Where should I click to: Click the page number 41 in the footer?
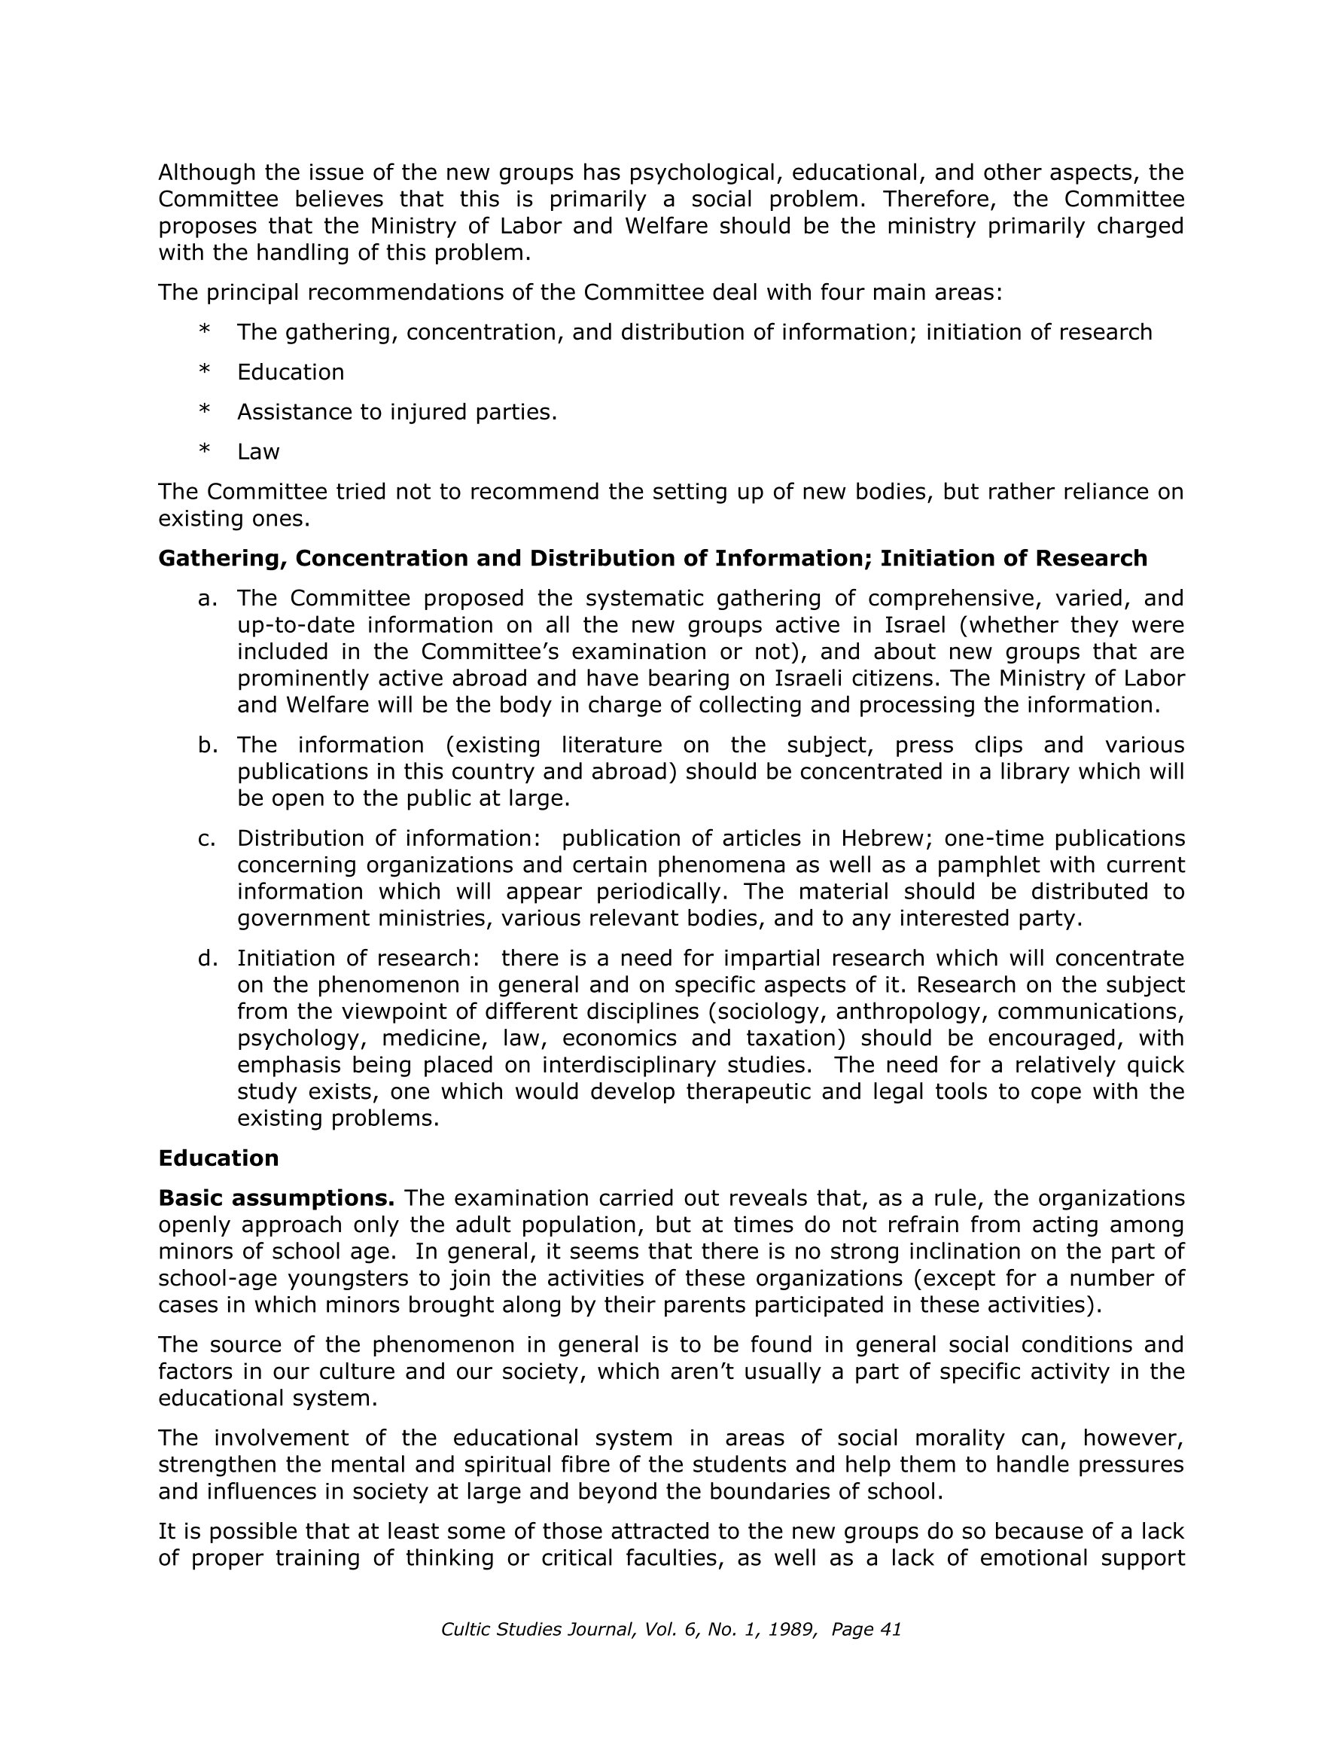tap(890, 1629)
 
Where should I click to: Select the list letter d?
tap(206, 958)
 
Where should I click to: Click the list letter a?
tap(206, 598)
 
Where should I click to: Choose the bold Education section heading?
tap(218, 1158)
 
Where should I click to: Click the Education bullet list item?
tap(291, 373)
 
